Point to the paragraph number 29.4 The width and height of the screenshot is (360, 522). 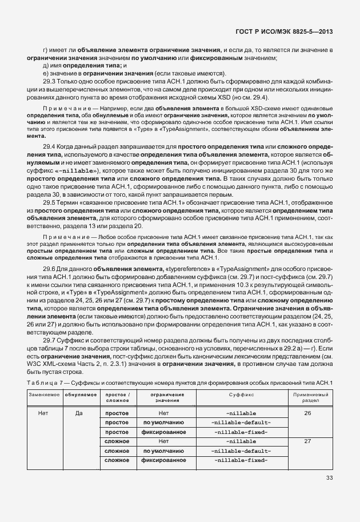(x=49, y=147)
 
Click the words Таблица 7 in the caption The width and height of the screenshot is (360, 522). (x=40, y=382)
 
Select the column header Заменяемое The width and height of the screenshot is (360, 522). (x=42, y=395)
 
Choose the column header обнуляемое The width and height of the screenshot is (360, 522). (x=79, y=395)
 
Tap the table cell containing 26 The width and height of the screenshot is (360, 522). (x=307, y=412)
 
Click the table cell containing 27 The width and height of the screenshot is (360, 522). (x=307, y=441)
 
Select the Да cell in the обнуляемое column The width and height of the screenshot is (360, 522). (x=79, y=412)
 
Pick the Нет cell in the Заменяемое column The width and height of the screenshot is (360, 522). (x=42, y=412)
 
